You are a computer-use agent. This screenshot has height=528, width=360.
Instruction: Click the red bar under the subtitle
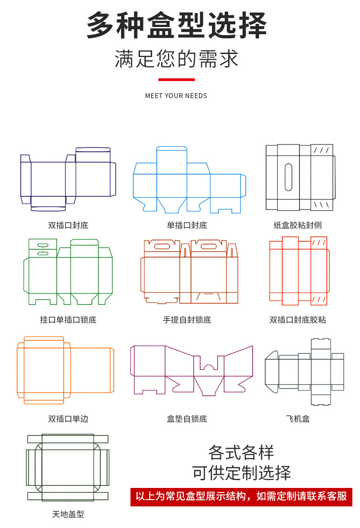176,80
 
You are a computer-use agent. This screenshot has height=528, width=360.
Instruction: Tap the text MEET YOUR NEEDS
176,96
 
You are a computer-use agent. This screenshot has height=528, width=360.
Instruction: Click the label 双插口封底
68,225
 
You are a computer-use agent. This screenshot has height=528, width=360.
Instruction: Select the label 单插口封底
187,225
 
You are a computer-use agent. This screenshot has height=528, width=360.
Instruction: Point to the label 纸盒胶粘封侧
297,225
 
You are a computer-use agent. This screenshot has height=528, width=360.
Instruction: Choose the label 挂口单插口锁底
68,320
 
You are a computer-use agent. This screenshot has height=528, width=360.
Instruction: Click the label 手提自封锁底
187,320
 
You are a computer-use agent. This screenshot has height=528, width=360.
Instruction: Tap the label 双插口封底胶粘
297,320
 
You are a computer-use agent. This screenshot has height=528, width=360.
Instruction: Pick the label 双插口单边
68,419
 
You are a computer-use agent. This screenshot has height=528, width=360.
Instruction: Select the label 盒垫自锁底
187,419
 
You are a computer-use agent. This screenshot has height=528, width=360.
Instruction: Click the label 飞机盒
297,419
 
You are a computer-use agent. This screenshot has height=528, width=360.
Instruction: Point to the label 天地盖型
68,514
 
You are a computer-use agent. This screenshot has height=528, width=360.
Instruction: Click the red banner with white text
241,496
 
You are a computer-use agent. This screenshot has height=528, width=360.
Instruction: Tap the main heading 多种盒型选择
176,26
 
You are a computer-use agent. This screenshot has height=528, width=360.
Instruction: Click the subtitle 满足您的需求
176,59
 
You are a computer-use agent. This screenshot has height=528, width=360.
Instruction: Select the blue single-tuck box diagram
189,180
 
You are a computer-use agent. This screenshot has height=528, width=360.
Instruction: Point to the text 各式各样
241,452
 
